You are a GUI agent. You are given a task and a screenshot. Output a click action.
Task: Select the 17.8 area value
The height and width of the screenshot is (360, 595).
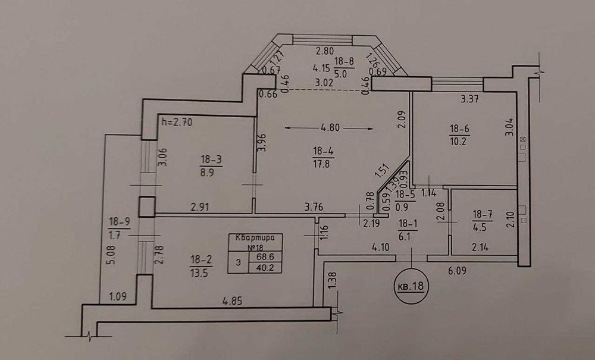coord(322,164)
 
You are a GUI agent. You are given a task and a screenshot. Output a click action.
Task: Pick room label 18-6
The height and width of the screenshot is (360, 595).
coord(459,127)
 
